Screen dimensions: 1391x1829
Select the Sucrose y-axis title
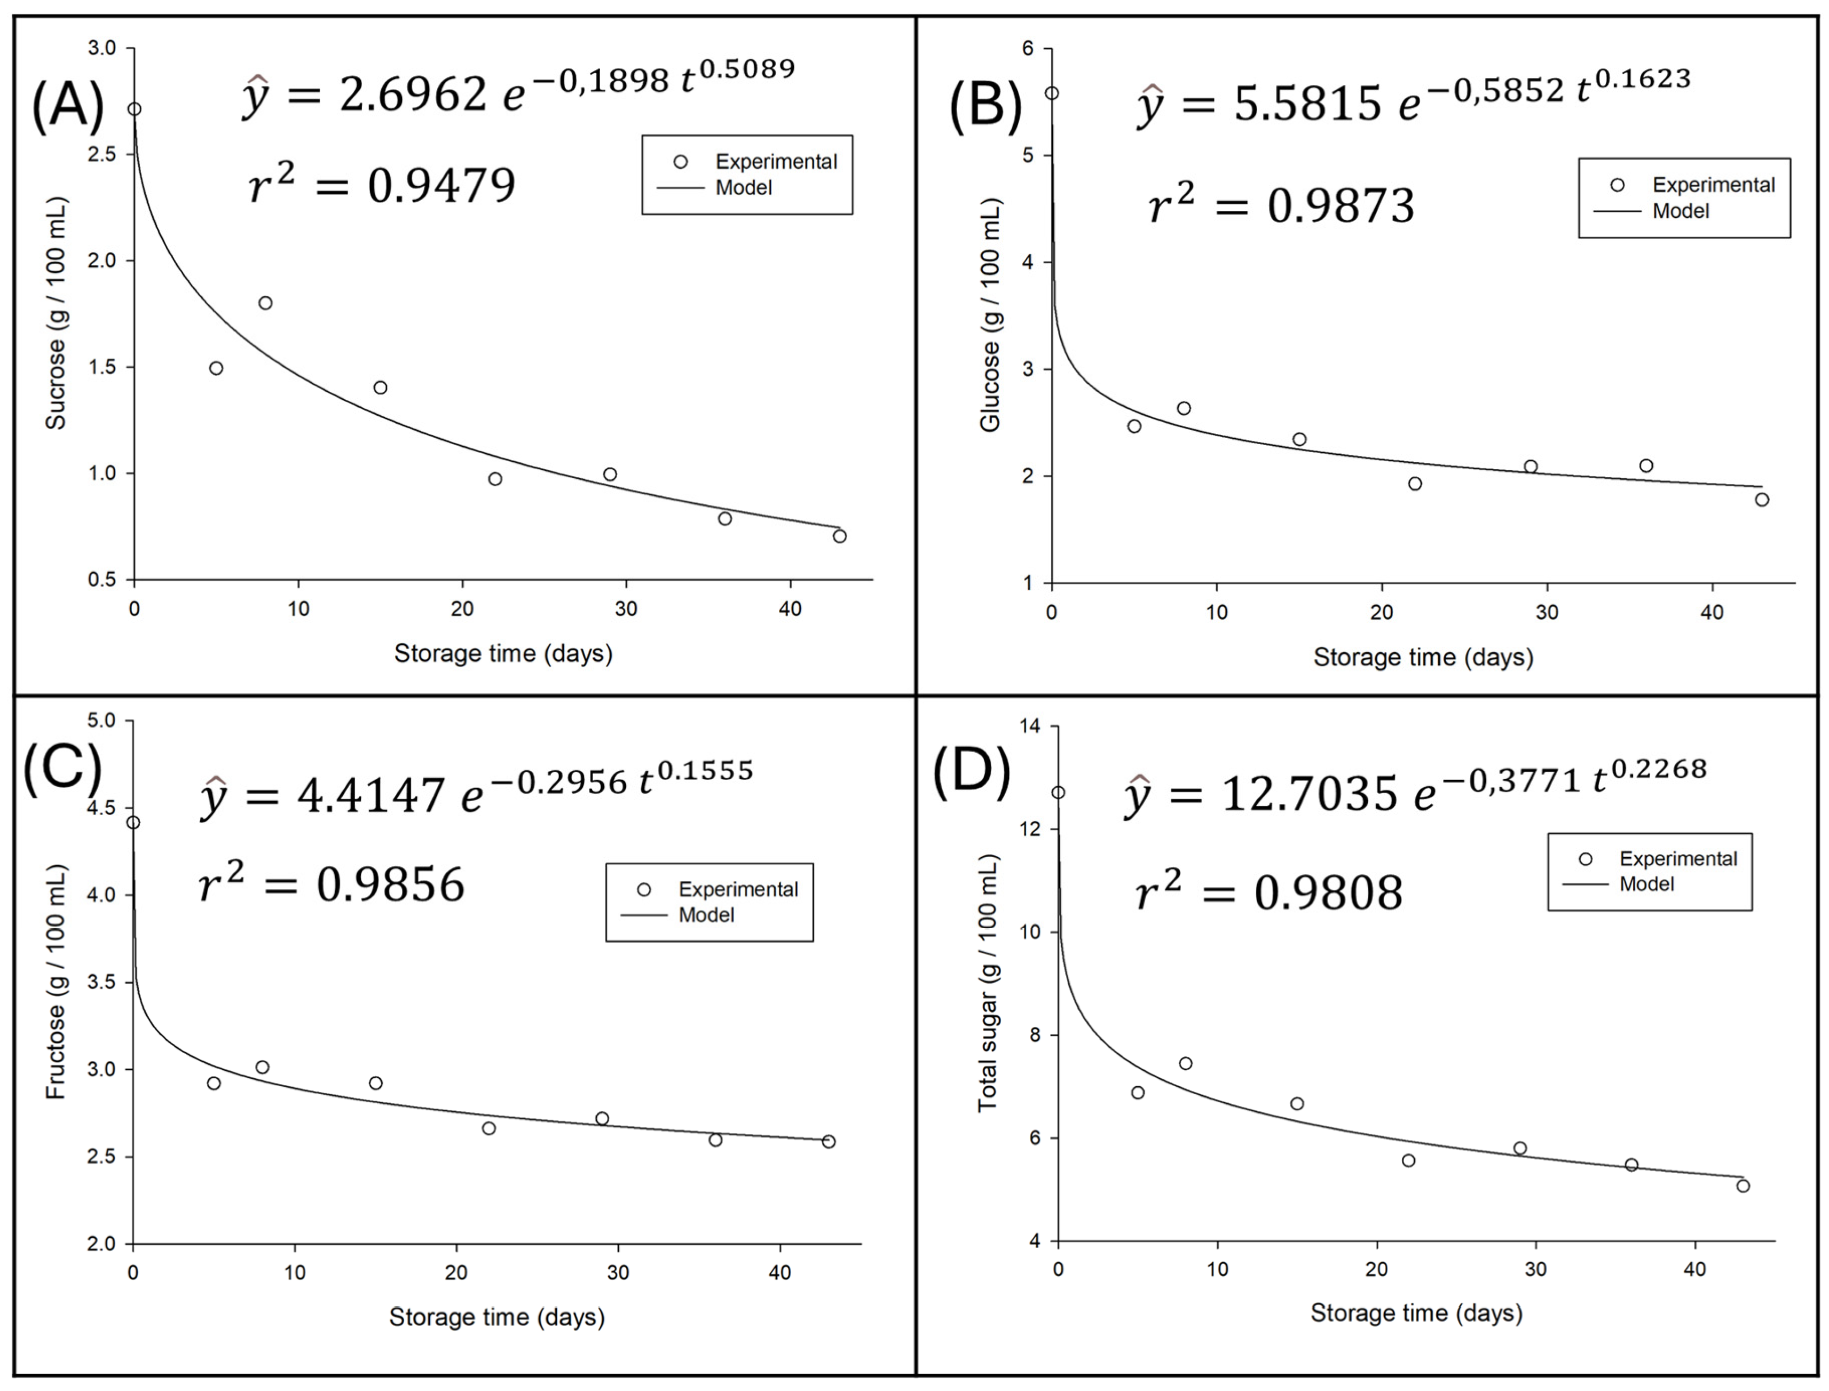tap(56, 314)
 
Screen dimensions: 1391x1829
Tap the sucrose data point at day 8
tap(265, 303)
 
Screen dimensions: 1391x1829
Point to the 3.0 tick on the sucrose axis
tap(103, 48)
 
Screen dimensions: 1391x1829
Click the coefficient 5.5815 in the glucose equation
tap(1307, 104)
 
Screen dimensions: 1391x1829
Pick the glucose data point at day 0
tap(1052, 93)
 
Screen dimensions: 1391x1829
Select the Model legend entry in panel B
tap(1680, 211)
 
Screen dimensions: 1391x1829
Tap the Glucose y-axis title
tap(990, 314)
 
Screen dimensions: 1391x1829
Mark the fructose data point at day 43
tap(829, 1142)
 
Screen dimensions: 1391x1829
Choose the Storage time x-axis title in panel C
tap(497, 1316)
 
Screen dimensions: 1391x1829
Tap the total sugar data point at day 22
tap(1408, 1161)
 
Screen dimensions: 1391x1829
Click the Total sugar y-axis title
tap(988, 983)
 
